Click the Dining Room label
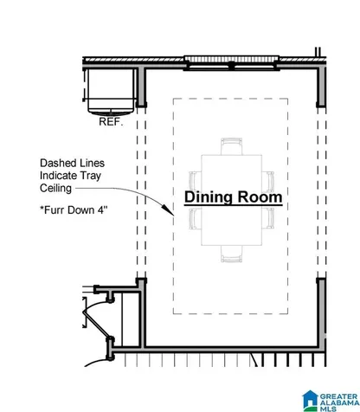click(233, 197)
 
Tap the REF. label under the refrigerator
click(111, 122)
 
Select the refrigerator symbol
click(111, 92)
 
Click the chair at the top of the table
click(231, 146)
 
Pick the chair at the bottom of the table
click(231, 254)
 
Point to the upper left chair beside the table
click(196, 181)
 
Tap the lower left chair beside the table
click(196, 219)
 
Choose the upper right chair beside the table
click(268, 181)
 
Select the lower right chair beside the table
click(268, 219)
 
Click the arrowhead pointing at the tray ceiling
click(168, 209)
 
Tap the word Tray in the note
click(91, 176)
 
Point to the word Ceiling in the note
click(55, 189)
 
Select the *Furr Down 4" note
click(74, 210)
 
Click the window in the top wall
click(231, 63)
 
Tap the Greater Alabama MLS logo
click(331, 401)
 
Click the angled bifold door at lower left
click(97, 324)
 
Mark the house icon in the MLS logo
click(310, 400)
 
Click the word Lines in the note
click(91, 164)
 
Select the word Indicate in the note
click(59, 176)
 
